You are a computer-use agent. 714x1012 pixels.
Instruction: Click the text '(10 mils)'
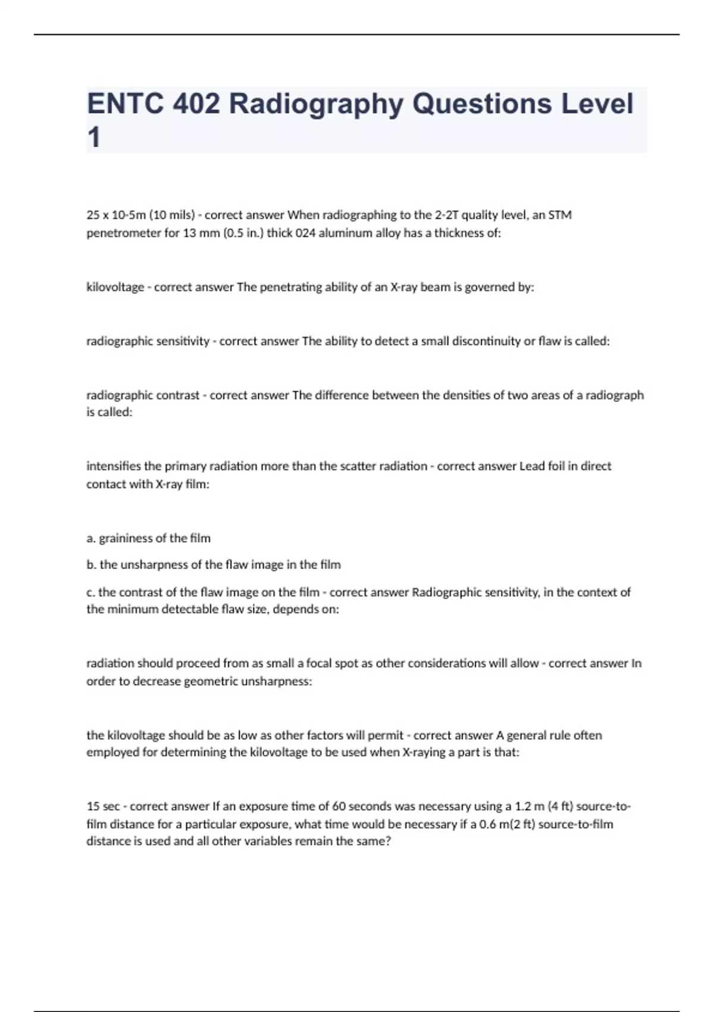tap(173, 215)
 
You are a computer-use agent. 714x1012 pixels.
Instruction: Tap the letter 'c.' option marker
tap(90, 592)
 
